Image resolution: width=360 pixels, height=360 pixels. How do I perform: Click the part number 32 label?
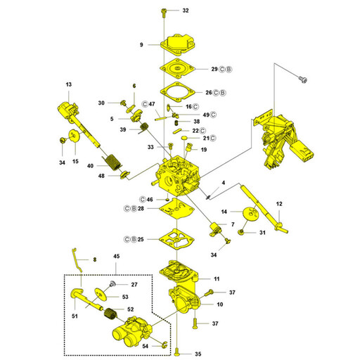point(186,11)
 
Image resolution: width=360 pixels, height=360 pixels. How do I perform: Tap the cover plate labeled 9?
point(179,45)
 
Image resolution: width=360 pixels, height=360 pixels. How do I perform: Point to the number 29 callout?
point(214,69)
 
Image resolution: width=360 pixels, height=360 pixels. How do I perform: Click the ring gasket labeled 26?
point(178,92)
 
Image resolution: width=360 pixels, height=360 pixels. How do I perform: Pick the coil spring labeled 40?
point(113,162)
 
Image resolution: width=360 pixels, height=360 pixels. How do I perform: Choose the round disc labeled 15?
point(75,136)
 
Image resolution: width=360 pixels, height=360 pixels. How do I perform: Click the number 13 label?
point(69,84)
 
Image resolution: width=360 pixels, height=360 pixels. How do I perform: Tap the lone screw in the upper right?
point(303,79)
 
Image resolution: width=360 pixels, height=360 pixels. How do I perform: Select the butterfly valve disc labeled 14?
point(250,213)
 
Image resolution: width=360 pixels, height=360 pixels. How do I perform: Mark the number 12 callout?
point(279,204)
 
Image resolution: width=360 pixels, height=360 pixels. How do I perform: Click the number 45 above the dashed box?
point(117,256)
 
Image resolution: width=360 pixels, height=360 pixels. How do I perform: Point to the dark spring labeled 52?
point(110,314)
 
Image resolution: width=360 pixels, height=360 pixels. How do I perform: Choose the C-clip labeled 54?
point(165,344)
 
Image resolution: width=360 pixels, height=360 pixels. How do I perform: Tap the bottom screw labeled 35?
point(177,351)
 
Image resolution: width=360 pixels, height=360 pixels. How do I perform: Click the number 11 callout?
point(217,279)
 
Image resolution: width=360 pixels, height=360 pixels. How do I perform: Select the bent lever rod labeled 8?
point(77,260)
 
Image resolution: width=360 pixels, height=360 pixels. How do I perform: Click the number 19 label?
point(204,150)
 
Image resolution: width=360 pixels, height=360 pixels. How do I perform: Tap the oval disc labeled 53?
point(101,294)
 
